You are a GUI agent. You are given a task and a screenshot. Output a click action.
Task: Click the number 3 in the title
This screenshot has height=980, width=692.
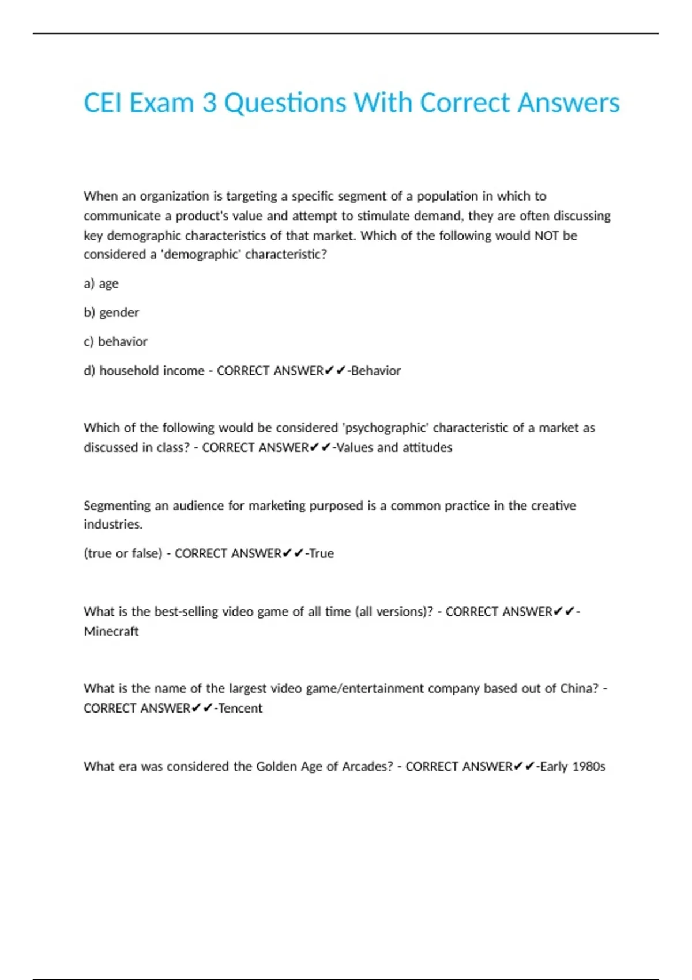point(209,103)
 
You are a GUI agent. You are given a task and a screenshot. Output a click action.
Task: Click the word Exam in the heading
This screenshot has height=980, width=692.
point(161,103)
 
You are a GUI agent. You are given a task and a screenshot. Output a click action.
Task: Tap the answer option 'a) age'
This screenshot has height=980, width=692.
point(101,284)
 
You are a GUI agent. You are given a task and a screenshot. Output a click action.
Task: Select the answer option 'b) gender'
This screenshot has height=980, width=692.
point(111,312)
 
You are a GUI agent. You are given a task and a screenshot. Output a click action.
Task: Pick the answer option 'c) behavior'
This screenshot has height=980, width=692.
point(115,341)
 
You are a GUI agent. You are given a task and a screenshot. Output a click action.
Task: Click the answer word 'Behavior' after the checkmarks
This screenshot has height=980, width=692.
point(375,371)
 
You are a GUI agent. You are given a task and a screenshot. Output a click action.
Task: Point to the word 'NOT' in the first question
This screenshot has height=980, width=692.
point(547,235)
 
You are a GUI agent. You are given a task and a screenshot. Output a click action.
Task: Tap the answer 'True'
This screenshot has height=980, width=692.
point(321,553)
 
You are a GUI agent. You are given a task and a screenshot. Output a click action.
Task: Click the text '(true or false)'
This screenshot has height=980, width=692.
point(123,553)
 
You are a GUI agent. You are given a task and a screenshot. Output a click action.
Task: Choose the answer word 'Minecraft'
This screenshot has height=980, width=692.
point(111,631)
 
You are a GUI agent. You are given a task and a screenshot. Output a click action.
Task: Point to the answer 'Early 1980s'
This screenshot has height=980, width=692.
point(572,766)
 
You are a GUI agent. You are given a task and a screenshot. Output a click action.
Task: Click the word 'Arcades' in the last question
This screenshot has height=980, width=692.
point(367,766)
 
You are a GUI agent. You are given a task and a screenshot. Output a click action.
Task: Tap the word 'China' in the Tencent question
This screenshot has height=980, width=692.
point(579,688)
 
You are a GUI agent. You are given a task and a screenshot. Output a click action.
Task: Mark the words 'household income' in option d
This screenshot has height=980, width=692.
point(152,371)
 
